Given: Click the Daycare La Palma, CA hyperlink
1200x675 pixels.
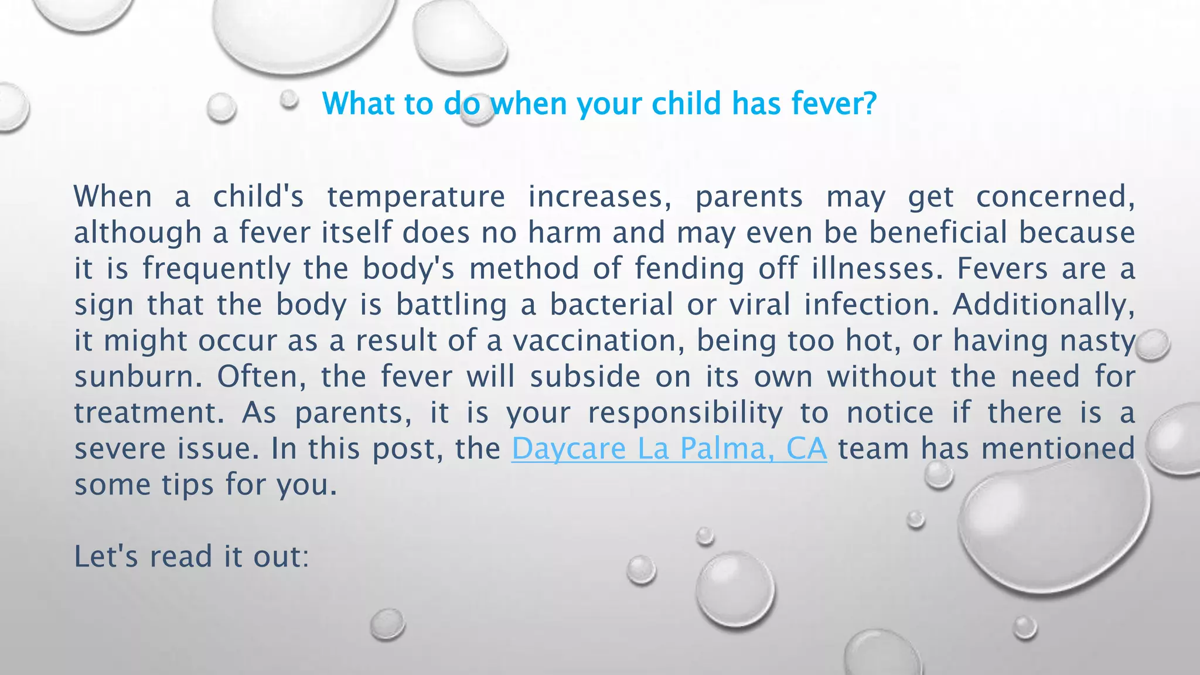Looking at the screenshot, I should pos(669,449).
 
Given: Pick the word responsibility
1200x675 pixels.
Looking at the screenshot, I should pos(685,413).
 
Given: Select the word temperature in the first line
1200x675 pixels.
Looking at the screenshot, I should pos(416,197).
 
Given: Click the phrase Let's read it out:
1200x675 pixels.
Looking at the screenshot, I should pos(191,557).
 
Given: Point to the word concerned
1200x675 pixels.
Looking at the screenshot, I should pos(1055,197).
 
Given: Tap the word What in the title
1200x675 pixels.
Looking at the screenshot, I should pos(358,104).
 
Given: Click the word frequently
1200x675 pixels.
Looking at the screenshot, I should pos(216,269).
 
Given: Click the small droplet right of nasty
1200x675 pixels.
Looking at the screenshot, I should pos(1152,345).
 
